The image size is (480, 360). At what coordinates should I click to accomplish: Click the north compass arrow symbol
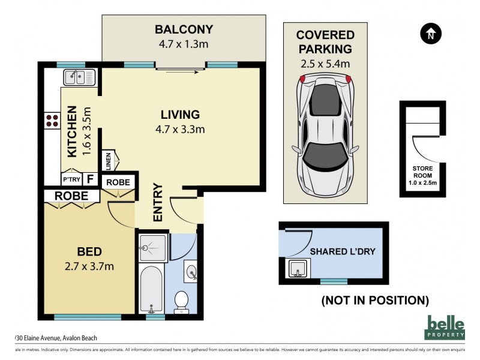click(430, 34)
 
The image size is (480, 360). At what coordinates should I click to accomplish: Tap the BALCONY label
click(184, 29)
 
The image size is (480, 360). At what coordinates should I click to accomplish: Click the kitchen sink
click(80, 77)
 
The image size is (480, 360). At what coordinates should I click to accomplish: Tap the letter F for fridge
click(89, 179)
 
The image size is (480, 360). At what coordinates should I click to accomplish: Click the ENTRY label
click(158, 202)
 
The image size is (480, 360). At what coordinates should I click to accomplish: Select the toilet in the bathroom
click(181, 301)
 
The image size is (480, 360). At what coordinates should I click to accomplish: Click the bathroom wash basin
click(191, 272)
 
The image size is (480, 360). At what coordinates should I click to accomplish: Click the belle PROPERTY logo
click(445, 328)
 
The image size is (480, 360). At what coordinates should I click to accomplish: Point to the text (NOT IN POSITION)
click(375, 300)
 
